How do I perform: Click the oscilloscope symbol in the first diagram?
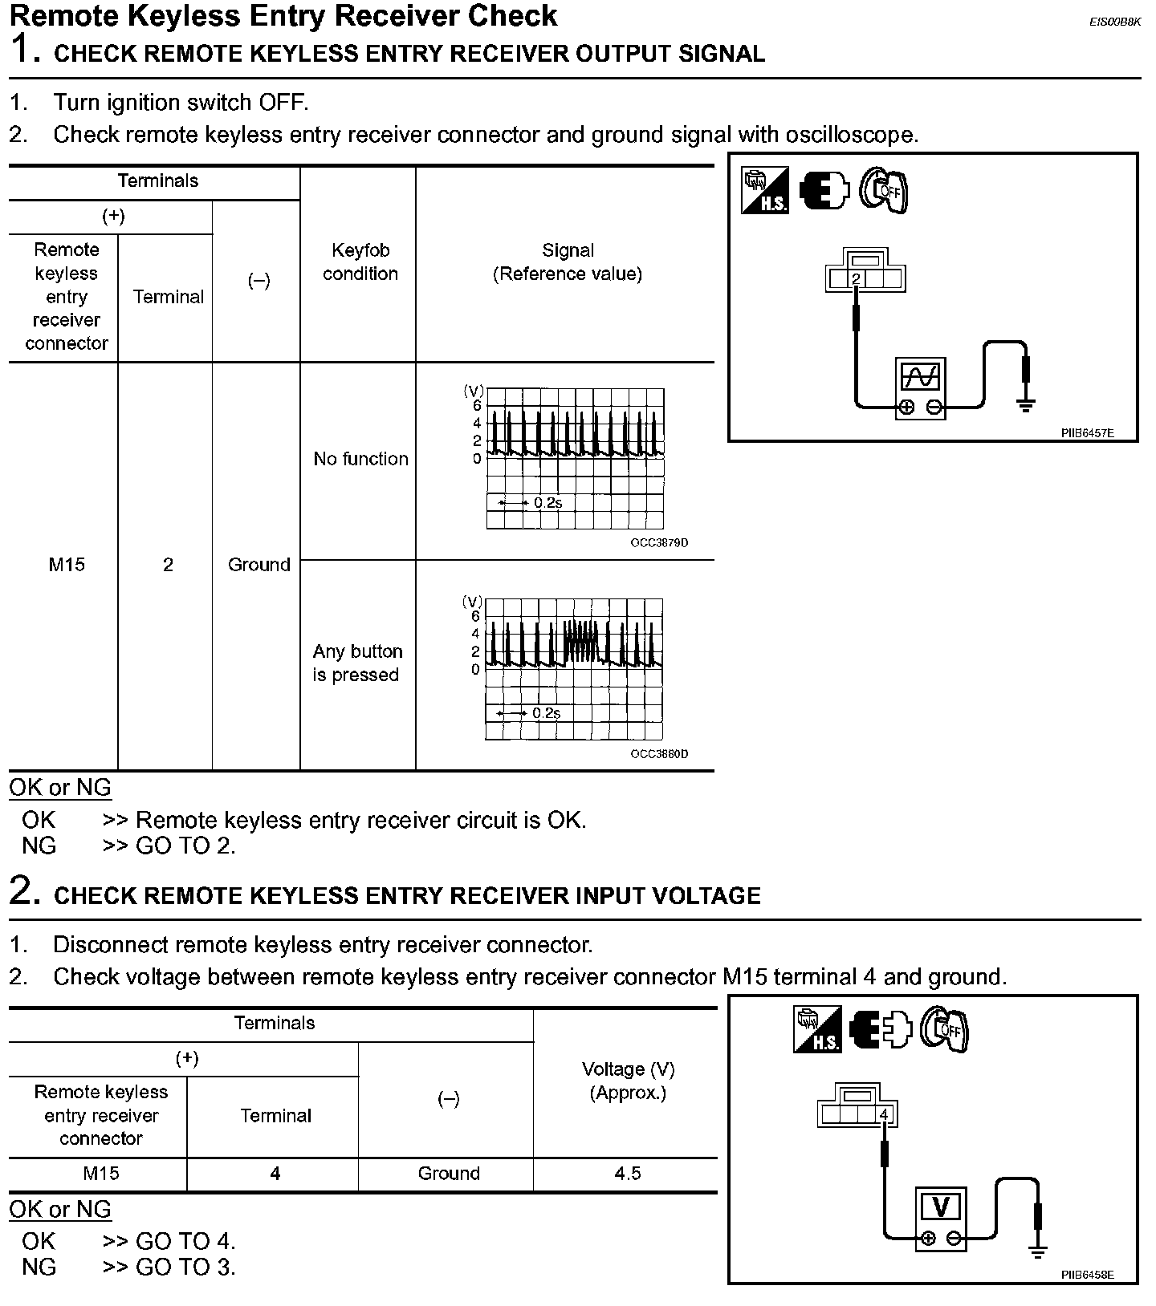pyautogui.click(x=920, y=387)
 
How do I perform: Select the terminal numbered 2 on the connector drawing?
pyautogui.click(x=857, y=279)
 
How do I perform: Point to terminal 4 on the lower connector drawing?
pyautogui.click(x=884, y=1114)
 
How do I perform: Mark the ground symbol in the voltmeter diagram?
pyautogui.click(x=1038, y=1251)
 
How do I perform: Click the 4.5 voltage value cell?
pyautogui.click(x=628, y=1174)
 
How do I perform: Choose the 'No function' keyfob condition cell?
pyautogui.click(x=360, y=459)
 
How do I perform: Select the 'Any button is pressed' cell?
pyautogui.click(x=357, y=663)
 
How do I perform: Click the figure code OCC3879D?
pyautogui.click(x=659, y=543)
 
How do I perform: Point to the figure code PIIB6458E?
pyautogui.click(x=1087, y=1275)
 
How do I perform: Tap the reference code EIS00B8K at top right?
pyautogui.click(x=1114, y=22)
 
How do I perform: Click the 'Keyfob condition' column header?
pyautogui.click(x=360, y=262)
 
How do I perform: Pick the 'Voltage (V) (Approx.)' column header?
pyautogui.click(x=628, y=1081)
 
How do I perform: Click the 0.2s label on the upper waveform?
pyautogui.click(x=547, y=503)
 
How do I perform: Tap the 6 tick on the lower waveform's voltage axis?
pyautogui.click(x=475, y=616)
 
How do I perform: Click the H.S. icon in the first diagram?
pyautogui.click(x=764, y=191)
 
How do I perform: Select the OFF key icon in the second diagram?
pyautogui.click(x=944, y=1028)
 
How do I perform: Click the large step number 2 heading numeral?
pyautogui.click(x=24, y=891)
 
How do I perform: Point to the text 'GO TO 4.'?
pyautogui.click(x=185, y=1241)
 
